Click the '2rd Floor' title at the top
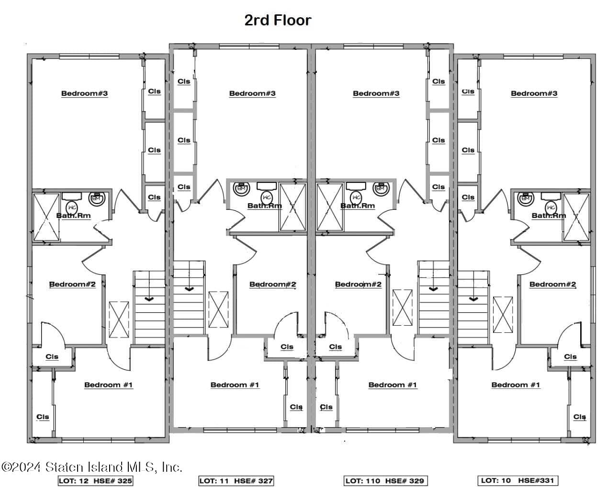pyautogui.click(x=278, y=20)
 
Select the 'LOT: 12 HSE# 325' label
pyautogui.click(x=95, y=480)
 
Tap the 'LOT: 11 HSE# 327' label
pyautogui.click(x=236, y=480)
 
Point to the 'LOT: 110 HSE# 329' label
pyautogui.click(x=384, y=480)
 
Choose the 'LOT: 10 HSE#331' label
pyautogui.click(x=518, y=480)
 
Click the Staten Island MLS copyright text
pyautogui.click(x=91, y=467)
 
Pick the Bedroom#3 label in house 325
pyautogui.click(x=85, y=93)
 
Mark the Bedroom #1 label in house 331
pyautogui.click(x=516, y=385)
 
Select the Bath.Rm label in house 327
pyautogui.click(x=264, y=206)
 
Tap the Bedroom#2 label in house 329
pyautogui.click(x=358, y=284)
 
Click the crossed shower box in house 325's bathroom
pyautogui.click(x=46, y=216)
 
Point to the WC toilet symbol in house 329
pyautogui.click(x=356, y=197)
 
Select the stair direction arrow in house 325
pyautogui.click(x=149, y=298)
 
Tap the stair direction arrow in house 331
pyautogui.click(x=473, y=298)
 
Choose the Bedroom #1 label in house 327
pyautogui.click(x=235, y=385)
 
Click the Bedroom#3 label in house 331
pyautogui.click(x=534, y=93)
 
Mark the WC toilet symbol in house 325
pyautogui.click(x=72, y=207)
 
